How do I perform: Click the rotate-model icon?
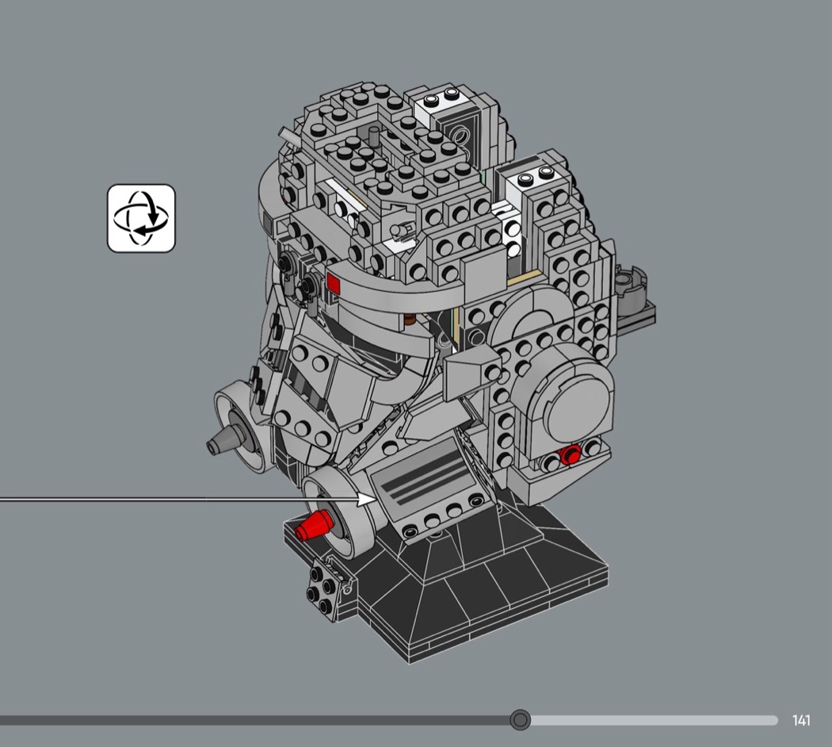click(x=141, y=218)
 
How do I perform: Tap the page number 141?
click(x=801, y=721)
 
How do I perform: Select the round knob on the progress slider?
click(x=520, y=720)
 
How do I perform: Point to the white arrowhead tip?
click(x=376, y=500)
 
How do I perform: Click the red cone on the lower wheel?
click(x=313, y=526)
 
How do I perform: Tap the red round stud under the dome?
click(x=571, y=455)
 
